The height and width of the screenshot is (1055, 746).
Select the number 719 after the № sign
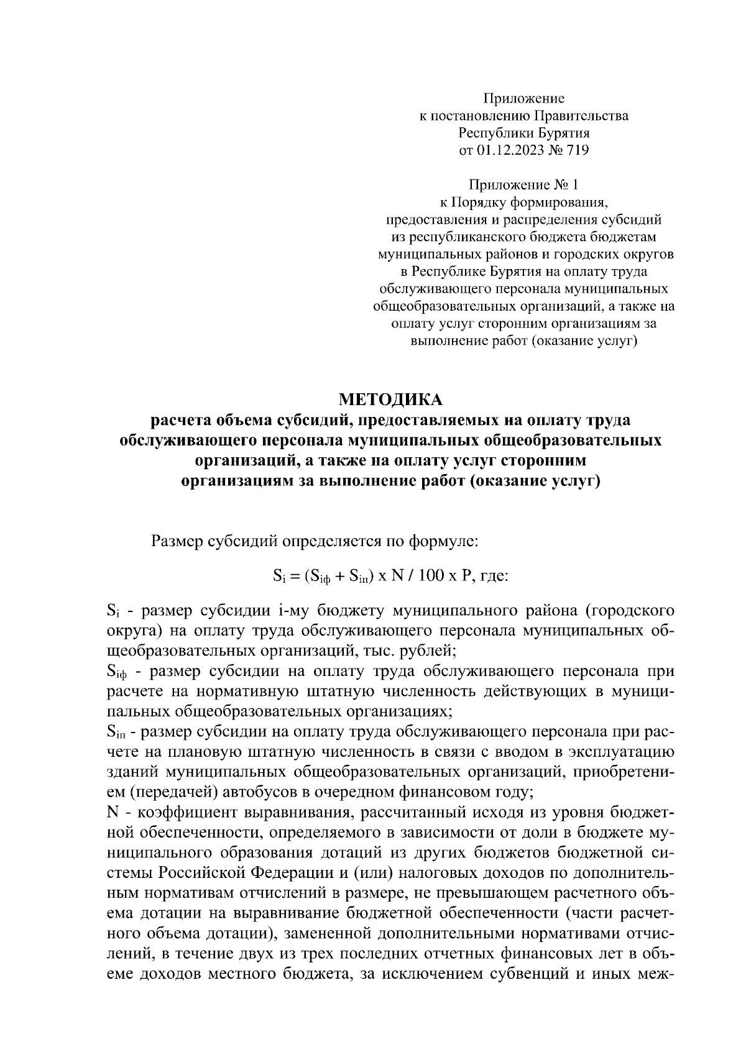point(578,150)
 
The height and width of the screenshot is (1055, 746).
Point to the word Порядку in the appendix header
point(478,202)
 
